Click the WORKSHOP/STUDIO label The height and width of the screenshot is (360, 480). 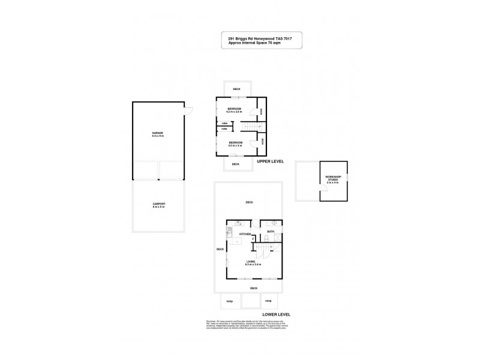[333, 178]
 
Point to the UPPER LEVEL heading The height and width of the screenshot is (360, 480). [270, 162]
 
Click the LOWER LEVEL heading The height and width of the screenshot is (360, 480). [277, 314]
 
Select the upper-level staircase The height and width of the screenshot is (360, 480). [249, 126]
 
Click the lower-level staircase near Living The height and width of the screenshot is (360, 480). [262, 247]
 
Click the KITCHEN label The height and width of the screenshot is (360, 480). [245, 234]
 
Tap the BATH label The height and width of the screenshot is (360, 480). [271, 231]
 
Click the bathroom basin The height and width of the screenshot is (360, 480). [274, 223]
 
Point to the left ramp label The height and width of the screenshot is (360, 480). [229, 301]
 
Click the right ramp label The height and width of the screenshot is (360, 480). [268, 301]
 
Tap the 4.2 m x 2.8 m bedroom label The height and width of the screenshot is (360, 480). [234, 110]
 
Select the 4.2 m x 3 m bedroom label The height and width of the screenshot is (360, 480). [235, 144]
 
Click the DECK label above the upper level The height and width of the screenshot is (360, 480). [236, 89]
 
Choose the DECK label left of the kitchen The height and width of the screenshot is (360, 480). [220, 250]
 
